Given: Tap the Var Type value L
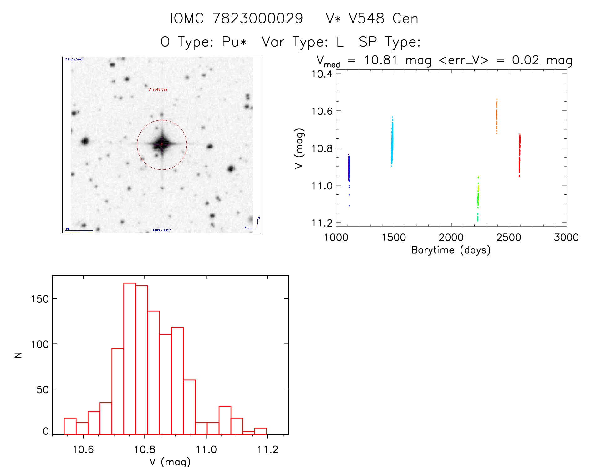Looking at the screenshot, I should [x=340, y=42].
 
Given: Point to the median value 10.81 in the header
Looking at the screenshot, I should [x=380, y=60].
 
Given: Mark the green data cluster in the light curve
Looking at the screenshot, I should [x=478, y=198].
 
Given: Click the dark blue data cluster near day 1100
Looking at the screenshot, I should [x=349, y=169].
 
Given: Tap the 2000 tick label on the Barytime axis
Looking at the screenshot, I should [x=451, y=238].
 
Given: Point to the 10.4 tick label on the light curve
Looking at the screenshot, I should [x=322, y=74].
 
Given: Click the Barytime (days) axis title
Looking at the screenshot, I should [x=451, y=250].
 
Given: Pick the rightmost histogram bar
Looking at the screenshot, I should [x=261, y=431].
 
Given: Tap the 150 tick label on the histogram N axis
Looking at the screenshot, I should [x=40, y=299].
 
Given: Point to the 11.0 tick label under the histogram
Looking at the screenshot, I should [x=206, y=449].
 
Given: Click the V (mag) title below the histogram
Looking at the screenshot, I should [x=170, y=462].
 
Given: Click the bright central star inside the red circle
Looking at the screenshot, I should [x=162, y=144].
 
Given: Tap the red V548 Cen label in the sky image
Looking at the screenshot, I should [x=158, y=89].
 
